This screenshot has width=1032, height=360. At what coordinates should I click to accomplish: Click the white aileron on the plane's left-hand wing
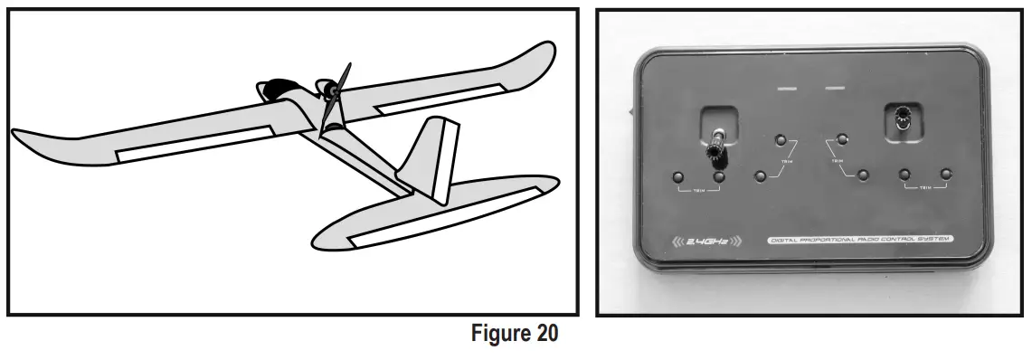click(x=195, y=144)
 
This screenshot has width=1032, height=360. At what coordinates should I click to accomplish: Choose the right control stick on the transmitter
click(x=902, y=118)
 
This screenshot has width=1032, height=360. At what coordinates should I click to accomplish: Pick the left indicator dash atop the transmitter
click(x=789, y=88)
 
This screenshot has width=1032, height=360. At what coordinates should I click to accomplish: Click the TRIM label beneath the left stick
click(x=697, y=191)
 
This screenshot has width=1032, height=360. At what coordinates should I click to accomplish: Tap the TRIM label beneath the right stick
click(x=924, y=188)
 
